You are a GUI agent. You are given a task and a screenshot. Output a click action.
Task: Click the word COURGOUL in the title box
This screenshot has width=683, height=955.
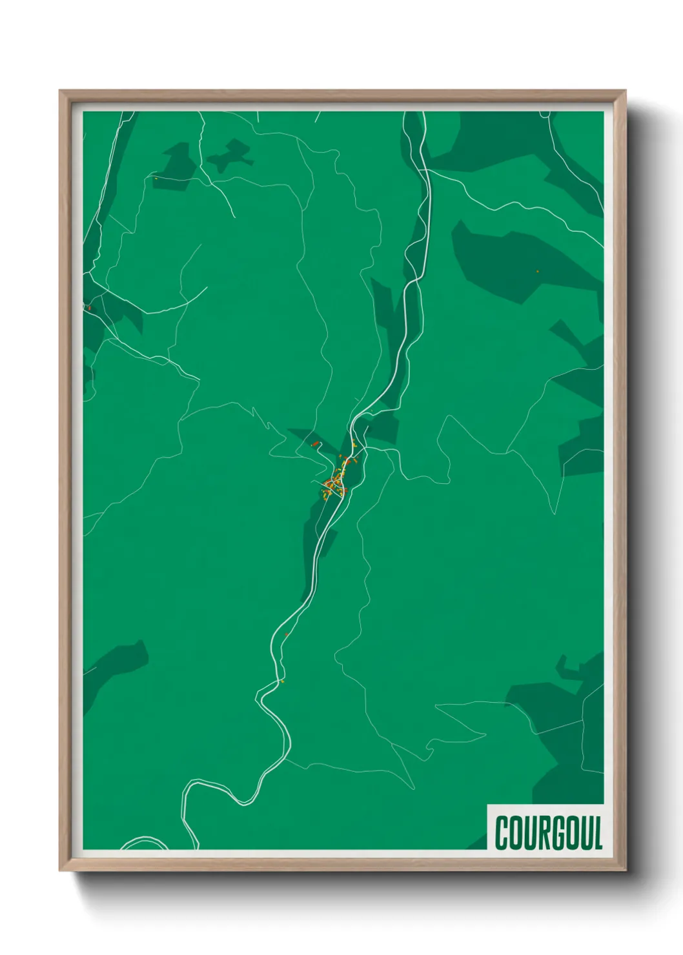point(548,833)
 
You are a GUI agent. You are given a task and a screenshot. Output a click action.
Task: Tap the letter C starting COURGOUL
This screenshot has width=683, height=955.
point(502,833)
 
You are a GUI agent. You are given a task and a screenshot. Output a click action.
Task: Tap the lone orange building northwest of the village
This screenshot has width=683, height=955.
point(315,444)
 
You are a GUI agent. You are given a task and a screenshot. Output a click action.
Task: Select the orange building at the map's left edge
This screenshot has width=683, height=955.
point(89,308)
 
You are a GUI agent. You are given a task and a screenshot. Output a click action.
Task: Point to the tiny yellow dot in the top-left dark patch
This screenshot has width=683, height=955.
point(156,178)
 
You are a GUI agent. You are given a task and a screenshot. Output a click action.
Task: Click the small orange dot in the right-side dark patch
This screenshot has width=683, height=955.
point(537,272)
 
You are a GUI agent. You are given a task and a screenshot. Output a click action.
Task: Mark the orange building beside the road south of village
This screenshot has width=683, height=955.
point(287,635)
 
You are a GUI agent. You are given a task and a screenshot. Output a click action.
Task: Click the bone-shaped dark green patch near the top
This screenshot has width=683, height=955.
point(229,156)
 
